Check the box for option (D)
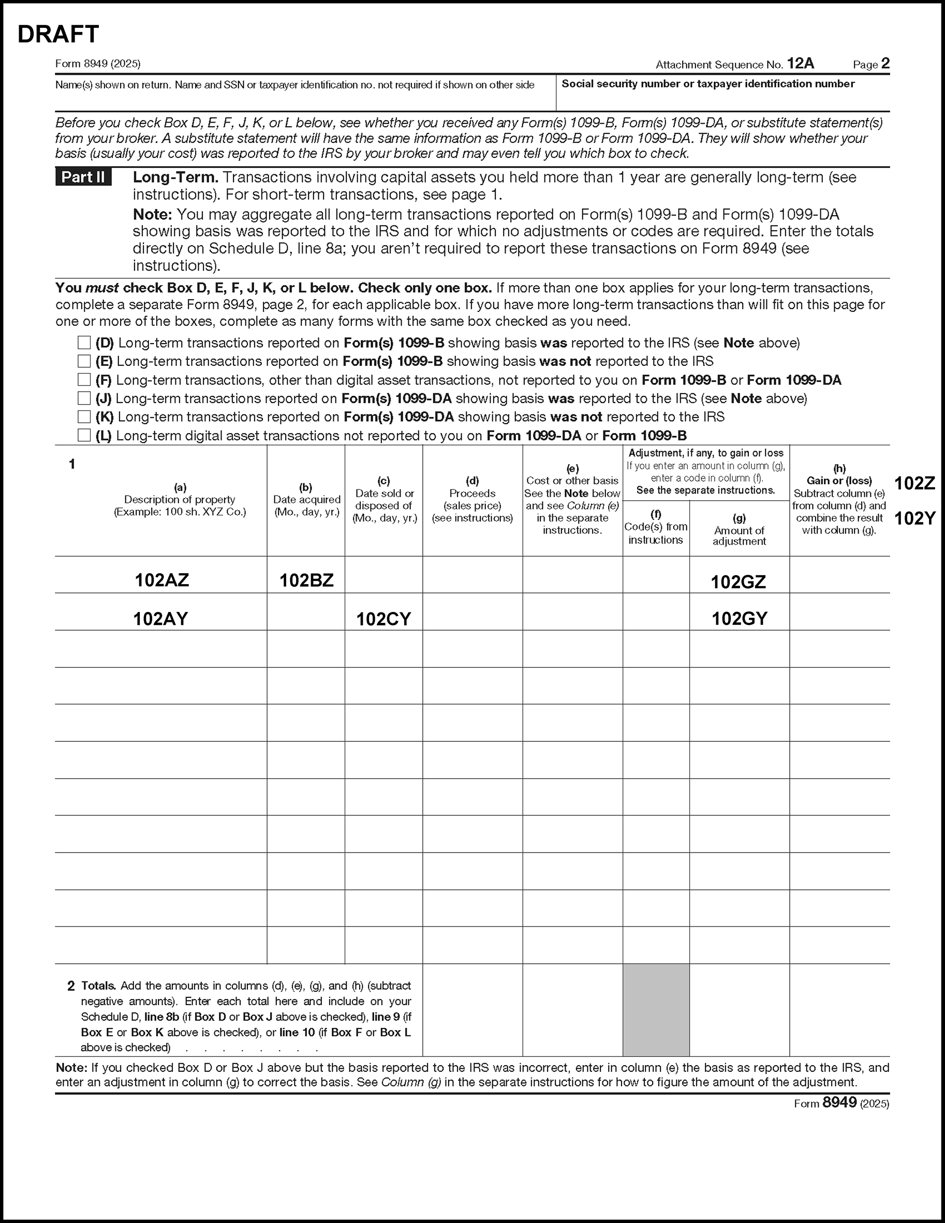84,342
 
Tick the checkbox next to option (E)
84,361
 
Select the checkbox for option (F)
84,380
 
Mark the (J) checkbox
84,398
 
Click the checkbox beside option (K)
84,416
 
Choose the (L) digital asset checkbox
84,435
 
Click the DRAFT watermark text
58,34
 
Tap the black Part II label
83,177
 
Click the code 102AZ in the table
162,580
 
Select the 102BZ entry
306,580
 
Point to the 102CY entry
383,619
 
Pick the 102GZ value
739,583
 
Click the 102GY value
740,619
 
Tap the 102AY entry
161,619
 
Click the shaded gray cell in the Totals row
656,1010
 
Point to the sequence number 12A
801,64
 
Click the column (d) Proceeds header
472,499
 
